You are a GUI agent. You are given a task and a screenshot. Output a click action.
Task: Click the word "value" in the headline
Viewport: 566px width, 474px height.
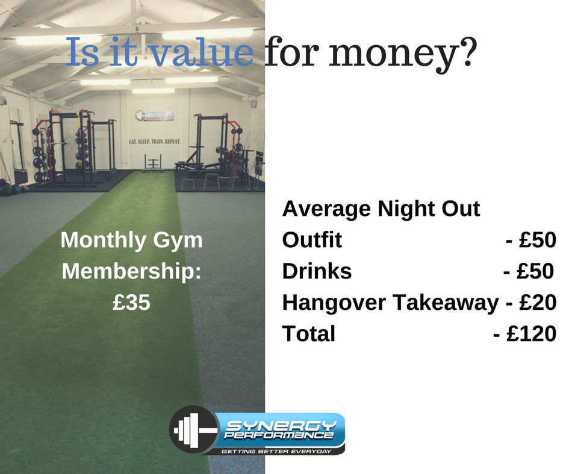click(x=202, y=53)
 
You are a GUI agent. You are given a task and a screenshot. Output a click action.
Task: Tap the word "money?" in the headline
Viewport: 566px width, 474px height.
click(x=403, y=54)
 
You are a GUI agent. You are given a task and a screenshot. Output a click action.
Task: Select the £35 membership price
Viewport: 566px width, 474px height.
click(x=131, y=302)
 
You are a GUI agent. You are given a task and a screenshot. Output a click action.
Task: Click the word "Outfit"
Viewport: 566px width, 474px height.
click(x=312, y=239)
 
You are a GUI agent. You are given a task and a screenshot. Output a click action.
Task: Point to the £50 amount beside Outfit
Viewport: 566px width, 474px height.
click(x=538, y=240)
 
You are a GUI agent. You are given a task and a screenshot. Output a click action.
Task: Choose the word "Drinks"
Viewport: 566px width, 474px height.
click(x=317, y=271)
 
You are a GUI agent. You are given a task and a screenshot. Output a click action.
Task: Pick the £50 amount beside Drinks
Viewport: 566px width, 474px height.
click(x=535, y=271)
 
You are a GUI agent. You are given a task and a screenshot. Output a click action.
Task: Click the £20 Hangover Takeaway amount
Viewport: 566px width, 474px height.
click(x=538, y=303)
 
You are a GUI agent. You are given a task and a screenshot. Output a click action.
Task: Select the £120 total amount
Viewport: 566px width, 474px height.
click(x=531, y=333)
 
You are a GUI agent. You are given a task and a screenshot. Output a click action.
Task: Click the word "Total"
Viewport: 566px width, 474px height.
click(x=309, y=333)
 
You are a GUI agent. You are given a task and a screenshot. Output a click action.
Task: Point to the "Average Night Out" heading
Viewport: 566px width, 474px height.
click(x=381, y=209)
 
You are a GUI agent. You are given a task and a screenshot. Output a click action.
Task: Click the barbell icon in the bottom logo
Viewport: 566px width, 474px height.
click(x=194, y=429)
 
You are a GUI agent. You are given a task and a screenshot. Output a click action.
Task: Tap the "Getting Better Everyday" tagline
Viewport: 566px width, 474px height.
click(x=276, y=452)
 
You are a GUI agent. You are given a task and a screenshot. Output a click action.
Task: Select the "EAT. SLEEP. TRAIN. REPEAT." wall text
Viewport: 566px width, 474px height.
click(x=155, y=141)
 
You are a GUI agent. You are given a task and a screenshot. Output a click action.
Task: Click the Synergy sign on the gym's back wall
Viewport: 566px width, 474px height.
click(x=155, y=116)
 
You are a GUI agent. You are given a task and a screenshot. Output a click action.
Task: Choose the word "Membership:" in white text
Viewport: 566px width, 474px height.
click(x=131, y=271)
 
